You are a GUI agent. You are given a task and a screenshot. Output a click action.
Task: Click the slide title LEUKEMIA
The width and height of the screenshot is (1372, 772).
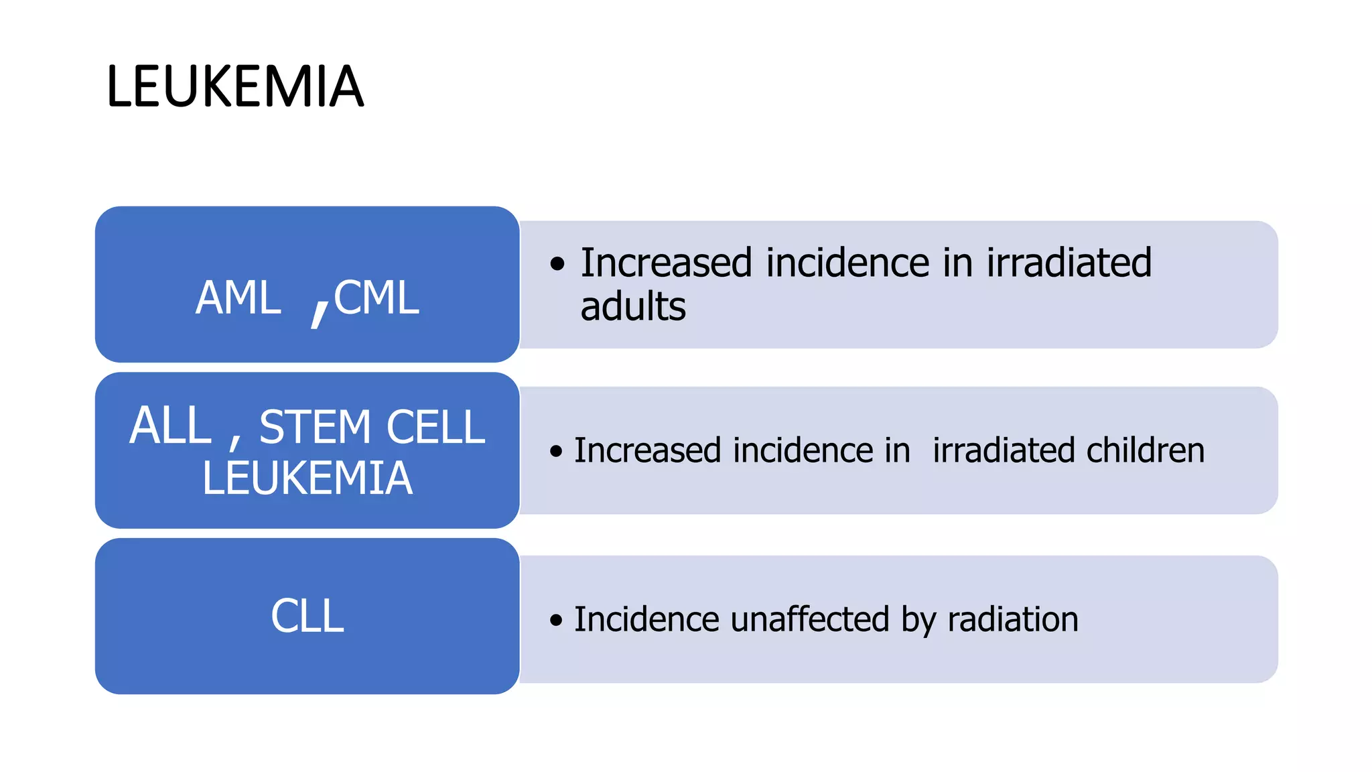[x=235, y=86]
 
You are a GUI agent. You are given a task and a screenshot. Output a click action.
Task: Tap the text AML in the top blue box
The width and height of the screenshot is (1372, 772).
[x=238, y=298]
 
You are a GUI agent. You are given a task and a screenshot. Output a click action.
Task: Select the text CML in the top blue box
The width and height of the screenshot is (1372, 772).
[x=376, y=298]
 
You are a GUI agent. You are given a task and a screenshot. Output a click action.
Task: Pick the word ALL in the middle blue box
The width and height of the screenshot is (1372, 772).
[x=170, y=426]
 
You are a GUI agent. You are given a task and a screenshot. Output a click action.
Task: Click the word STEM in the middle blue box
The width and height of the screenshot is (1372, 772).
[x=315, y=428]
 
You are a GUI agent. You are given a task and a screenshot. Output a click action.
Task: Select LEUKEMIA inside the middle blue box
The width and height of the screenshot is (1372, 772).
[x=307, y=478]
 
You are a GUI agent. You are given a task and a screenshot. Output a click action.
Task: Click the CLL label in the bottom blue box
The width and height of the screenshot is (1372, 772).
[x=307, y=616]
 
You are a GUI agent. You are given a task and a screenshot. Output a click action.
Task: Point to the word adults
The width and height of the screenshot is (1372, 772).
[x=633, y=307]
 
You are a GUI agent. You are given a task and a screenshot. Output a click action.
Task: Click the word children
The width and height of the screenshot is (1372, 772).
[x=1146, y=450]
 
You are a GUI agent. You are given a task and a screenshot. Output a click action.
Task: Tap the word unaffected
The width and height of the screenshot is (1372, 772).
[x=810, y=619]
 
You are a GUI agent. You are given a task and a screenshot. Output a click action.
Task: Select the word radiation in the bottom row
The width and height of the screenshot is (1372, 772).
[x=1013, y=619]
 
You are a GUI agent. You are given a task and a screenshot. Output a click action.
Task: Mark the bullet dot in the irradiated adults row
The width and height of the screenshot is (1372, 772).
[x=557, y=264]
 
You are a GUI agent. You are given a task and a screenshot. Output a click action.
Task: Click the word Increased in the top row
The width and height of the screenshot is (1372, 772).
[x=666, y=263]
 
